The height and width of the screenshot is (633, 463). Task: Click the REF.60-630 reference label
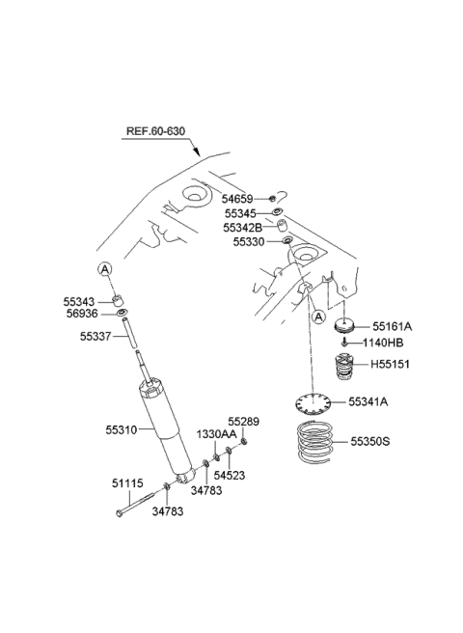tap(156, 131)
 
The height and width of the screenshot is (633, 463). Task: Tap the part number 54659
tap(237, 199)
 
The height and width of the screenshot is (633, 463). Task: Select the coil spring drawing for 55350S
tap(315, 443)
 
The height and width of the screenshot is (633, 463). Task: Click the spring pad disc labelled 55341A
tap(313, 404)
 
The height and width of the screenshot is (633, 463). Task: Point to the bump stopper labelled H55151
tap(344, 367)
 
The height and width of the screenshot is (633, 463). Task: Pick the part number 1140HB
tap(383, 343)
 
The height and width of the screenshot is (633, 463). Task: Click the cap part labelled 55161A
tap(344, 325)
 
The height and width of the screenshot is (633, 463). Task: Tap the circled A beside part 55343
tap(104, 269)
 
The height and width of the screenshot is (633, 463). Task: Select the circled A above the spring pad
tap(319, 316)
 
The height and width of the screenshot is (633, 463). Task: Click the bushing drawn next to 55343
tap(119, 301)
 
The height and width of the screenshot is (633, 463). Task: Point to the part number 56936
tap(82, 314)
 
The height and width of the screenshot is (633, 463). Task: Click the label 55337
tap(95, 336)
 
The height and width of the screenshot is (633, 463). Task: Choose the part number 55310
tap(122, 430)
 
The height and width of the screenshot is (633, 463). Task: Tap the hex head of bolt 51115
tap(119, 513)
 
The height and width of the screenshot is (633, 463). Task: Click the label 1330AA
tap(216, 434)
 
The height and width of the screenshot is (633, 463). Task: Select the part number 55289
tap(243, 422)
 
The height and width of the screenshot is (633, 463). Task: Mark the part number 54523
tap(230, 475)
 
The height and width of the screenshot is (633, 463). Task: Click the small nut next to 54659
tap(272, 198)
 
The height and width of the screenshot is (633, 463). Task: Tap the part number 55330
tap(249, 242)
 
